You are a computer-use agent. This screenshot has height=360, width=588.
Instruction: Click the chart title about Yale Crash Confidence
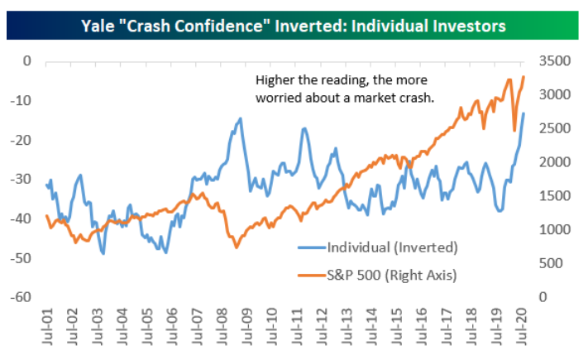294,26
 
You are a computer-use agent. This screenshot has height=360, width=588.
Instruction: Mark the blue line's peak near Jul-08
240,118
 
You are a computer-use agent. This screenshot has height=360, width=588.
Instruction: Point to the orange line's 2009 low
237,247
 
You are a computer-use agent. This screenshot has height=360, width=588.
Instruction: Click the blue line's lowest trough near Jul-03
103,253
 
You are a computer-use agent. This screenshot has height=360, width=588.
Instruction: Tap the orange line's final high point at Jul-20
523,77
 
